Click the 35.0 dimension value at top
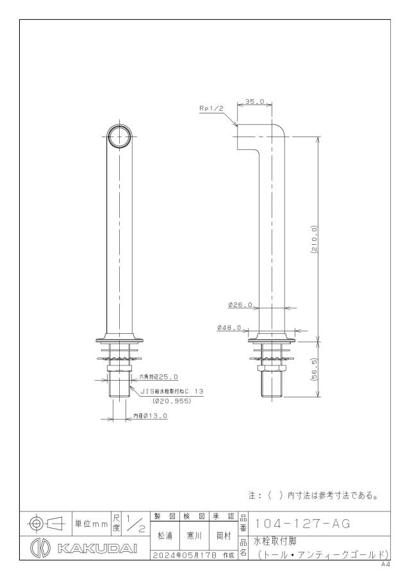click(x=255, y=101)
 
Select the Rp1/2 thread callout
click(x=211, y=108)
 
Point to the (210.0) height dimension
click(x=315, y=239)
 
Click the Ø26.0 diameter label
click(x=240, y=305)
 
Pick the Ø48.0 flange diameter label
click(x=229, y=327)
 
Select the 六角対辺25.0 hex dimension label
click(x=159, y=377)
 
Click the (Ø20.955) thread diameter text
click(x=172, y=401)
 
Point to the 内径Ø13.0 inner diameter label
click(x=151, y=416)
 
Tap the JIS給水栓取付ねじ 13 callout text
click(x=172, y=391)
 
